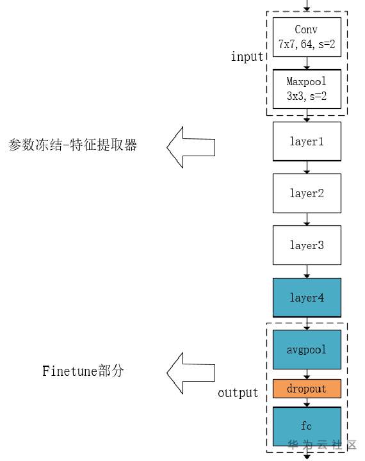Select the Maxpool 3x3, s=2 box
(x=307, y=89)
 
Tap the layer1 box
(x=307, y=141)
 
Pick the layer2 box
(x=307, y=193)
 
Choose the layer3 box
(x=307, y=245)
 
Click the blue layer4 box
(x=307, y=298)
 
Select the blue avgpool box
(x=307, y=350)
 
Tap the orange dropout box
(x=307, y=389)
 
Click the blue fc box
(x=307, y=426)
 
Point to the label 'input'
(x=247, y=57)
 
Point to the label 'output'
(x=238, y=392)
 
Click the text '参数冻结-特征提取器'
(x=72, y=145)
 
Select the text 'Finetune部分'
(x=83, y=371)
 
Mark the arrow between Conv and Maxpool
(x=307, y=64)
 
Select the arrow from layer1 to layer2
(x=307, y=167)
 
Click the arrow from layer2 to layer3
(x=307, y=220)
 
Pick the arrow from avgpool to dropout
(x=307, y=375)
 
